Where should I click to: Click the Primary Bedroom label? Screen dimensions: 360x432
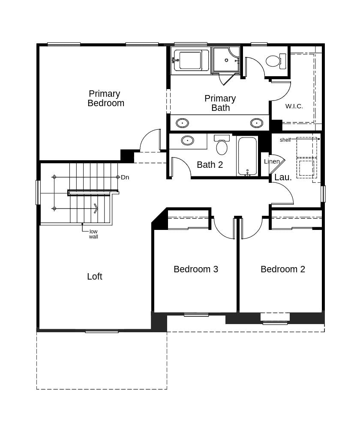click(106, 98)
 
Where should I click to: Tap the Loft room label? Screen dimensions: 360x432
click(95, 276)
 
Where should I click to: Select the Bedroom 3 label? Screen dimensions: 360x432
click(196, 269)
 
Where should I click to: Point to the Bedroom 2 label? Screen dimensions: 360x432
click(283, 269)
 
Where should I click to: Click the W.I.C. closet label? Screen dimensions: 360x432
click(294, 106)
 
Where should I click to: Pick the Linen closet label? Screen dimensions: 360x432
click(272, 161)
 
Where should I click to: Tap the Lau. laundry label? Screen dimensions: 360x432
click(283, 177)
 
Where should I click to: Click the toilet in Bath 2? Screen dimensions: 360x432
click(222, 145)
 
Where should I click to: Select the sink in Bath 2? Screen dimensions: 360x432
click(188, 140)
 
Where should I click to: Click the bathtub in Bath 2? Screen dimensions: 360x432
click(247, 156)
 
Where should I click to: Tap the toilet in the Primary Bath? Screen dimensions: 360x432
click(276, 61)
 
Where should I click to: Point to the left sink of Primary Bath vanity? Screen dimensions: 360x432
click(182, 123)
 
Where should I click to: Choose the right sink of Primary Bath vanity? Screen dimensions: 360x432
click(257, 123)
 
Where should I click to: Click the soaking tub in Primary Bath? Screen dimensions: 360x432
click(190, 60)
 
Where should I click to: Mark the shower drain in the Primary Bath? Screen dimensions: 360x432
click(226, 60)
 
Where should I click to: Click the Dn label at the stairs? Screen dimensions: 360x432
click(125, 177)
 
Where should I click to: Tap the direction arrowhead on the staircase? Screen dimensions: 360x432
click(96, 208)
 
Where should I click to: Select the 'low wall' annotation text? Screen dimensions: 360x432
click(93, 234)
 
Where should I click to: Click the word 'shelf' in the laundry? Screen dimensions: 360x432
click(285, 140)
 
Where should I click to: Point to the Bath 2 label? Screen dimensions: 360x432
click(210, 165)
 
